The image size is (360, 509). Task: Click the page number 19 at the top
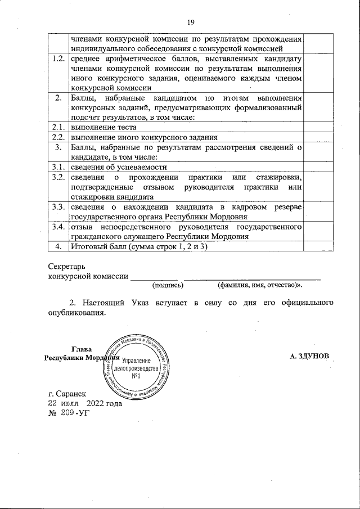coord(190,22)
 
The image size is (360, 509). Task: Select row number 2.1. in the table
coord(57,127)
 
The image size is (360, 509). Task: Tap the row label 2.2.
coord(57,137)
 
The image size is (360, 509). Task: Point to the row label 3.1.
coord(57,167)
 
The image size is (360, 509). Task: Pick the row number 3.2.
coord(57,177)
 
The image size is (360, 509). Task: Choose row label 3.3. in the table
coord(57,207)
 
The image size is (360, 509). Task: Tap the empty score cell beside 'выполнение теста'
coord(320,127)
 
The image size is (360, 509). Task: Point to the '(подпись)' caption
coord(160,285)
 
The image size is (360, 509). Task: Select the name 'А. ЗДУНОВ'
coord(313,357)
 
